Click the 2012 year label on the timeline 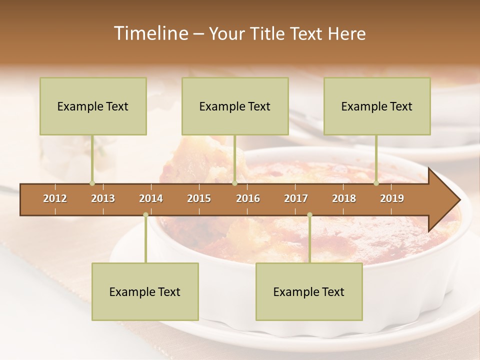(x=55, y=198)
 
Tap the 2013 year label (x=103, y=198)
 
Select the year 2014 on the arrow (x=151, y=198)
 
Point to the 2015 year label (x=199, y=198)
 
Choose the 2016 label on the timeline (x=248, y=198)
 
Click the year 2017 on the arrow (x=296, y=198)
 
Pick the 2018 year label (x=344, y=198)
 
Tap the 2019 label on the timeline (x=392, y=198)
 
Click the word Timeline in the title (x=150, y=33)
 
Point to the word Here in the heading (x=346, y=33)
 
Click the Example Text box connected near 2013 (x=93, y=106)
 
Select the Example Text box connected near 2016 (x=235, y=106)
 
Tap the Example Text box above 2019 (x=377, y=106)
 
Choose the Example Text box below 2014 (x=145, y=291)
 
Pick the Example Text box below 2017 (x=309, y=291)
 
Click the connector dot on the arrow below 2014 (x=145, y=215)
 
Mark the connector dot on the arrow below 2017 (x=309, y=215)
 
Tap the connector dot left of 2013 (x=92, y=183)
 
